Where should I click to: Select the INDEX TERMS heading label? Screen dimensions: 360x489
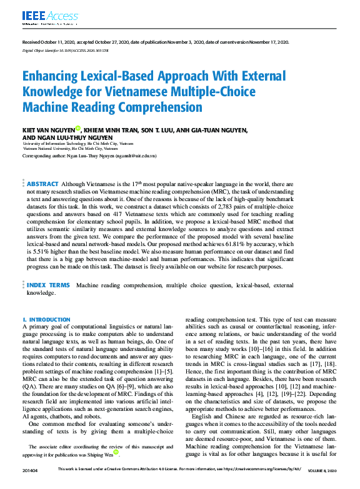pyautogui.click(x=47, y=285)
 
